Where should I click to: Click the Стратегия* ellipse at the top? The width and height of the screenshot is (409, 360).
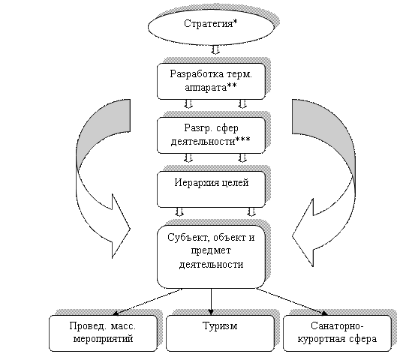pyautogui.click(x=211, y=27)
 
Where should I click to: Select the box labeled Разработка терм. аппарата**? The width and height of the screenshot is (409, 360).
pyautogui.click(x=211, y=81)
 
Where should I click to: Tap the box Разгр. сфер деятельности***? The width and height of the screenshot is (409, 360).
pyautogui.click(x=211, y=135)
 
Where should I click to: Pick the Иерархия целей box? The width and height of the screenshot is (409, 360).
pyautogui.click(x=211, y=189)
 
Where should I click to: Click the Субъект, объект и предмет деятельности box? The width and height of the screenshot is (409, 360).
pyautogui.click(x=211, y=256)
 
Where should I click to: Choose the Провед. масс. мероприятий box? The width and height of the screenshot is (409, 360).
pyautogui.click(x=103, y=334)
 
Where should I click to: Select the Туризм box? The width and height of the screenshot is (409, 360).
pyautogui.click(x=220, y=334)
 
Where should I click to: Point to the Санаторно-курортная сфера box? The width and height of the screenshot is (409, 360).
pyautogui.click(x=337, y=334)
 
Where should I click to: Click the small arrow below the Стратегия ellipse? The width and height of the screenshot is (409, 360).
pyautogui.click(x=215, y=50)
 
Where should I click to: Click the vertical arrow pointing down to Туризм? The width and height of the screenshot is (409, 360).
pyautogui.click(x=211, y=301)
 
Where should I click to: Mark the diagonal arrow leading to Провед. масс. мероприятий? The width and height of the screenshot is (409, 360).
pyautogui.click(x=148, y=301)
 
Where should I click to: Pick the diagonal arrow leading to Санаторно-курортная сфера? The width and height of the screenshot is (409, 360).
pyautogui.click(x=292, y=301)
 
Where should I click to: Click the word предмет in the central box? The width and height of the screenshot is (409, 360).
pyautogui.click(x=211, y=250)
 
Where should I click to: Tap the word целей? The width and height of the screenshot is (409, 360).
pyautogui.click(x=235, y=183)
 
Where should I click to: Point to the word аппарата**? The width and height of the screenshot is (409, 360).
pyautogui.click(x=211, y=88)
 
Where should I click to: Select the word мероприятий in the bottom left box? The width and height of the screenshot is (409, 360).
pyautogui.click(x=103, y=339)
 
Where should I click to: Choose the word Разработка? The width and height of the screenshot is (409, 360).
pyautogui.click(x=197, y=74)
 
